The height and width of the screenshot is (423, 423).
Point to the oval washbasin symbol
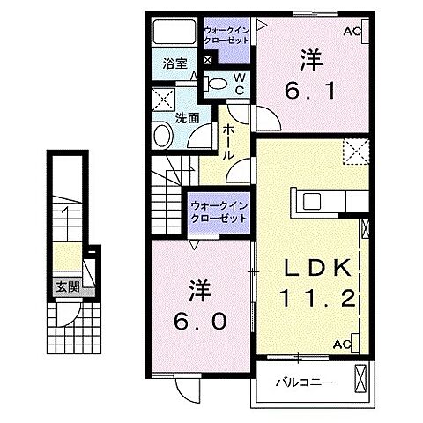point(163,136)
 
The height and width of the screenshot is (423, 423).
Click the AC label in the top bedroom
point(352,33)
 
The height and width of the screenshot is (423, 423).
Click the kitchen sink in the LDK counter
point(314,201)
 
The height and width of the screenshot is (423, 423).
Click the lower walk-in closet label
point(219,212)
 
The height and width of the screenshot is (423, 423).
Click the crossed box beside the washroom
point(161,98)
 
